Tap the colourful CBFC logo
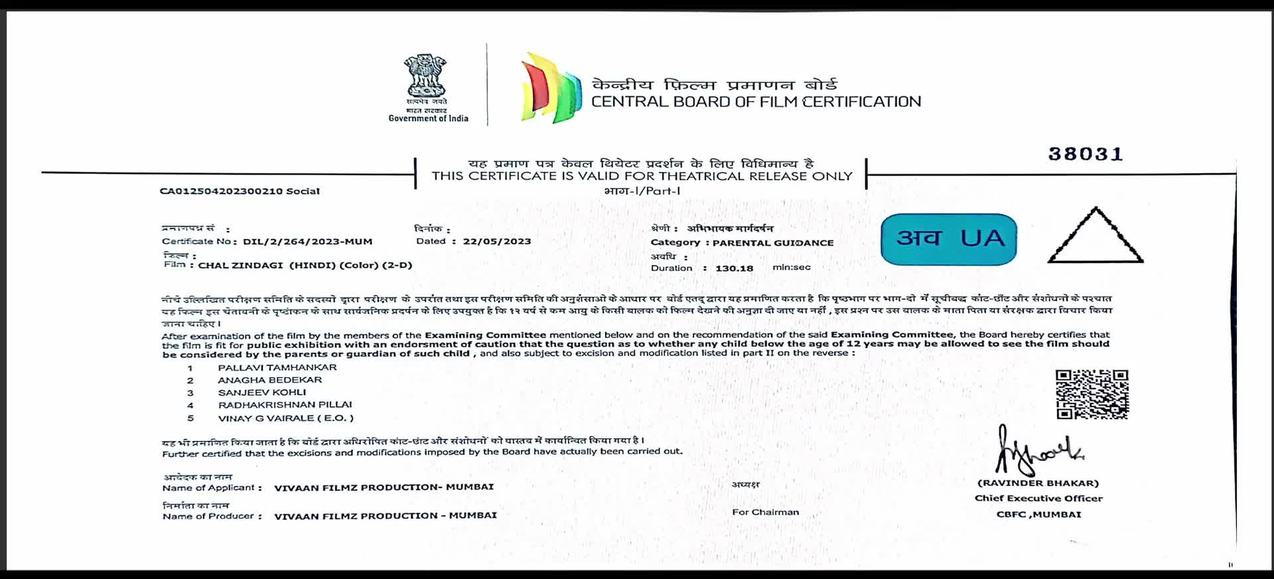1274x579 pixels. [x=551, y=88]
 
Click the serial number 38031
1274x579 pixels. [x=1086, y=154]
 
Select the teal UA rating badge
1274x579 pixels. [x=949, y=239]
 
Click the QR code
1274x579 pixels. [x=1092, y=394]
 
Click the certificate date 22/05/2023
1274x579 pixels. [x=497, y=242]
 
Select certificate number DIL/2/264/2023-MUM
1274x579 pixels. [x=307, y=242]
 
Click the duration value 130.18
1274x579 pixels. [x=734, y=268]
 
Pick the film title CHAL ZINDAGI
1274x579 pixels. [x=241, y=266]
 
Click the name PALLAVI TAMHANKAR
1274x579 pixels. [x=277, y=367]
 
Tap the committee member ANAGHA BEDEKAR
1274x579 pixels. [x=270, y=380]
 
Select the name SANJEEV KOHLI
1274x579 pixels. [x=262, y=392]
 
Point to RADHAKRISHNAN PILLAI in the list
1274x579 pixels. [x=285, y=405]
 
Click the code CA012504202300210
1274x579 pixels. [x=221, y=191]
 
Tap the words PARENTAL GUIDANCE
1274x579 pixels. [x=773, y=243]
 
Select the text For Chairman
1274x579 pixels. [x=765, y=512]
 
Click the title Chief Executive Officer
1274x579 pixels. [x=1038, y=498]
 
